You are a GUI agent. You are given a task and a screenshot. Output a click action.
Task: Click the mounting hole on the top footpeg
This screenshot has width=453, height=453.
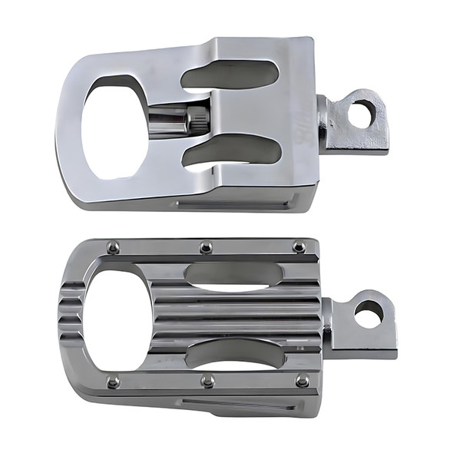[x=362, y=114]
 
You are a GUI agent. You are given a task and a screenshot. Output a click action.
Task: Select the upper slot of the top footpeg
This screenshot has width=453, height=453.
[x=230, y=75]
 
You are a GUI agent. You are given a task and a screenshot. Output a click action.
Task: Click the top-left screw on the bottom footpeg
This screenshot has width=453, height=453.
[x=114, y=247]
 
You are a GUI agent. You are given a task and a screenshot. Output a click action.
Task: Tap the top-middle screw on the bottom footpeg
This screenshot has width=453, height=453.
[x=206, y=247]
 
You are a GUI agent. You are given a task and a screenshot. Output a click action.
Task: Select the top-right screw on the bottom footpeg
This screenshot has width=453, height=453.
[x=299, y=246]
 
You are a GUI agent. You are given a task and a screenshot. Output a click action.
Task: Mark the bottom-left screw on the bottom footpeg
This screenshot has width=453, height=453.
[x=114, y=381]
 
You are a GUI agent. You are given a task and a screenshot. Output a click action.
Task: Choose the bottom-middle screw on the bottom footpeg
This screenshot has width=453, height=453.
[x=207, y=380]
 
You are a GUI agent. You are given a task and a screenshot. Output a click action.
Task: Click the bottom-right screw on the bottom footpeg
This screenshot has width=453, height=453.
[x=303, y=380]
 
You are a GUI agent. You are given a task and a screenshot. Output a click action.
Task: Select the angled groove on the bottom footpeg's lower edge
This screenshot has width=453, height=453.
[x=238, y=405]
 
